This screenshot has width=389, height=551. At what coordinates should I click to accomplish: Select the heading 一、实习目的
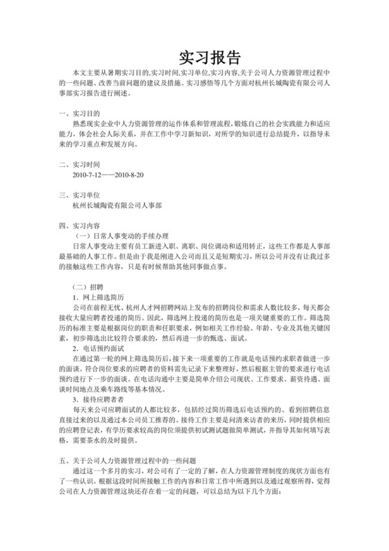(x=80, y=113)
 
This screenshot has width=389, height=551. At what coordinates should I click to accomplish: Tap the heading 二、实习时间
(x=80, y=165)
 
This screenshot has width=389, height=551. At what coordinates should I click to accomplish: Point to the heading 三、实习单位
(x=80, y=195)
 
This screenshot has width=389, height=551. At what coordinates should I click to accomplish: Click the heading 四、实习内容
(x=80, y=226)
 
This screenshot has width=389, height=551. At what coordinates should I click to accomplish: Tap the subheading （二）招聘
(x=90, y=287)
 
